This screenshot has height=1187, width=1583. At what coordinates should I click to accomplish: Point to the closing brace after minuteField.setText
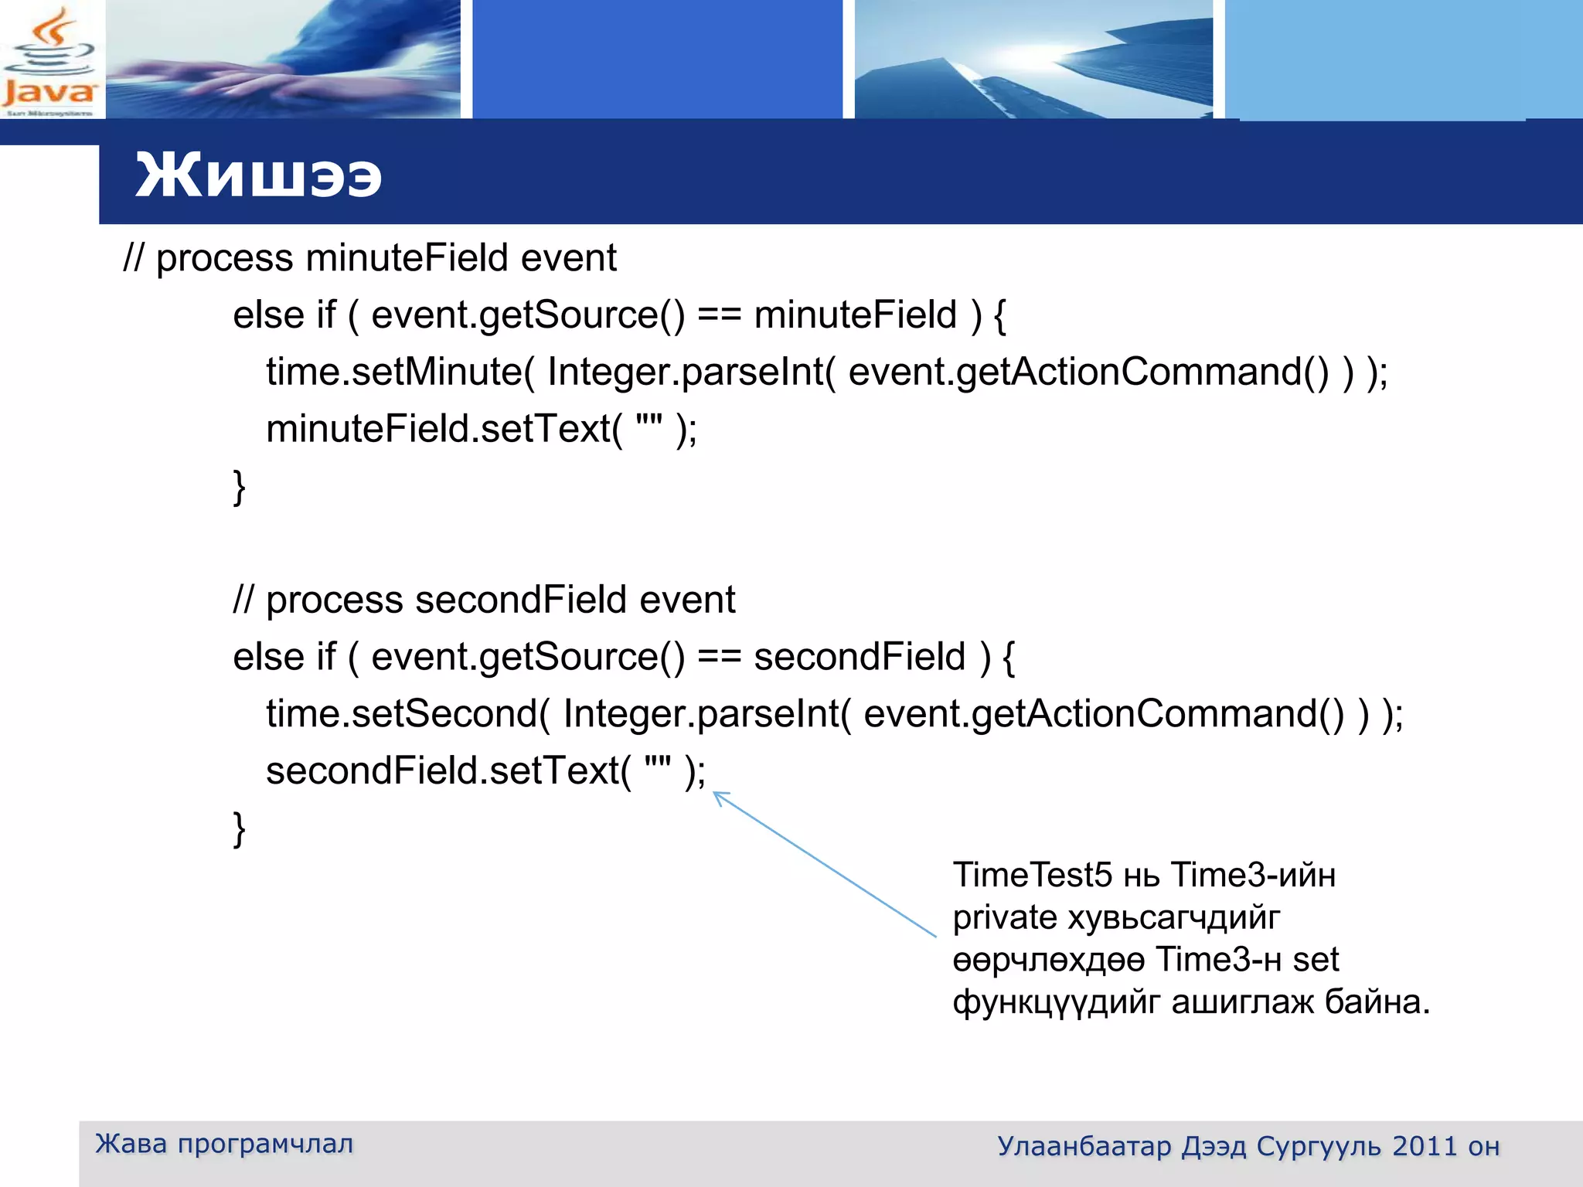(x=240, y=487)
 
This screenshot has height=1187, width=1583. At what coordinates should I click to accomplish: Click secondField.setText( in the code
(x=448, y=770)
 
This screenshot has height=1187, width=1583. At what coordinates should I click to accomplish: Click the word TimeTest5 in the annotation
(x=1033, y=876)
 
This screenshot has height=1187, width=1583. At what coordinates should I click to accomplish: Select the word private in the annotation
(x=1005, y=918)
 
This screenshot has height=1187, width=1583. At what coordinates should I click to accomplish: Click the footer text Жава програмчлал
(x=224, y=1144)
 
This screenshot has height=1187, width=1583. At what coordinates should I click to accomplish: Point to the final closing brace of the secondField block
(x=240, y=829)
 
